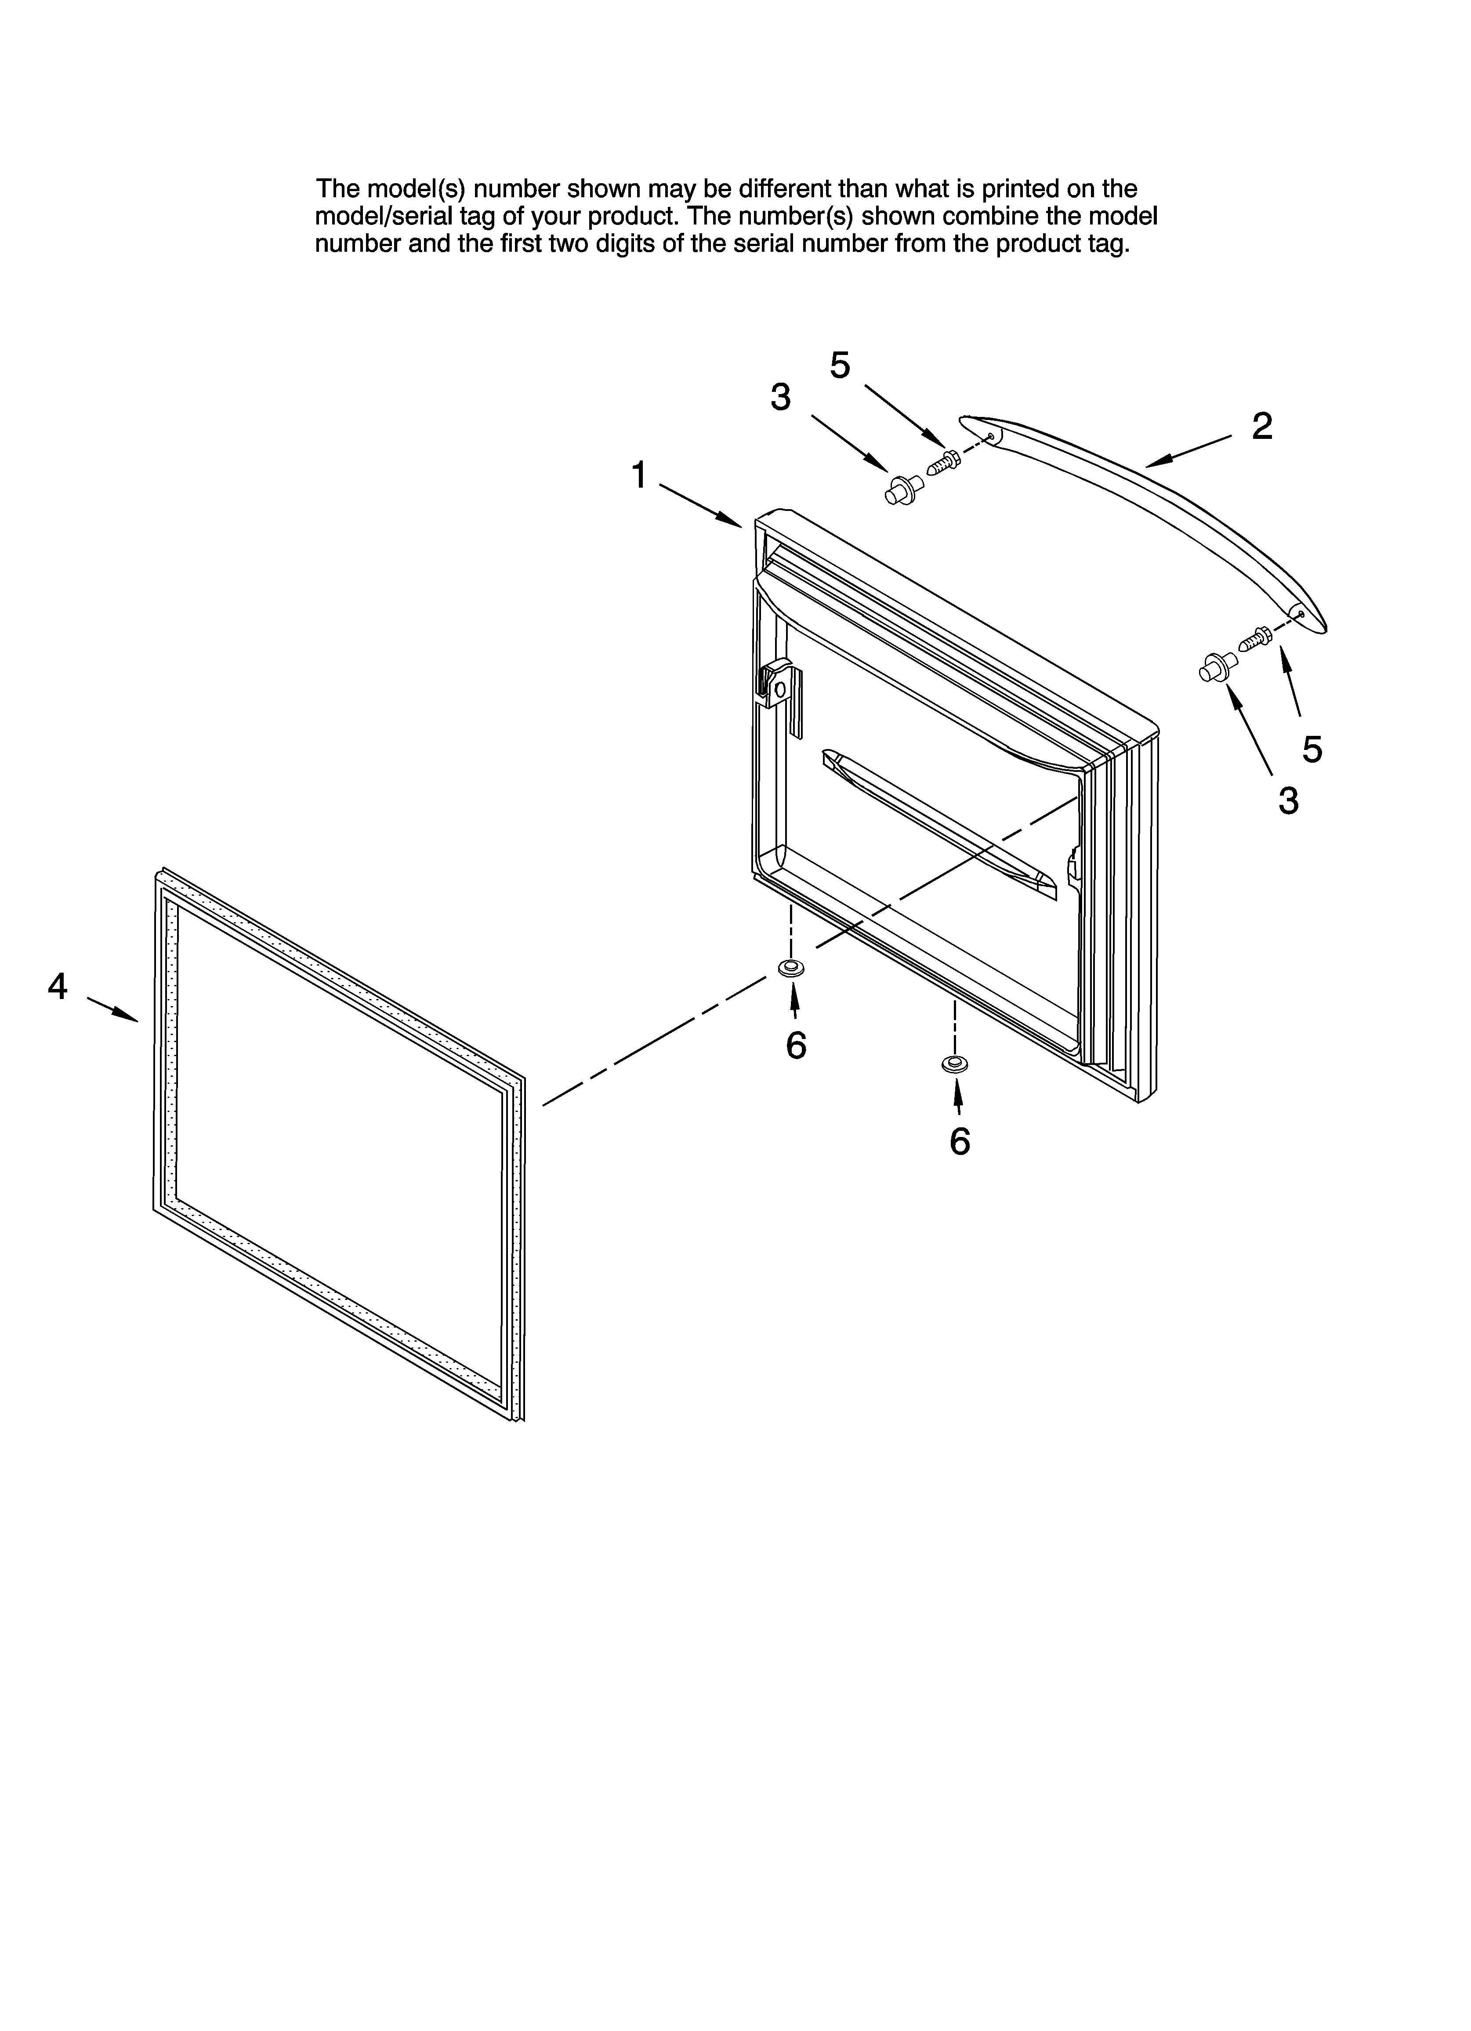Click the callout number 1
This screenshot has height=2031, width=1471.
[639, 475]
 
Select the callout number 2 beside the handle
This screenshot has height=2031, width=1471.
[1261, 426]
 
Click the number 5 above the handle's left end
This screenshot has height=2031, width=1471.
[840, 366]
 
